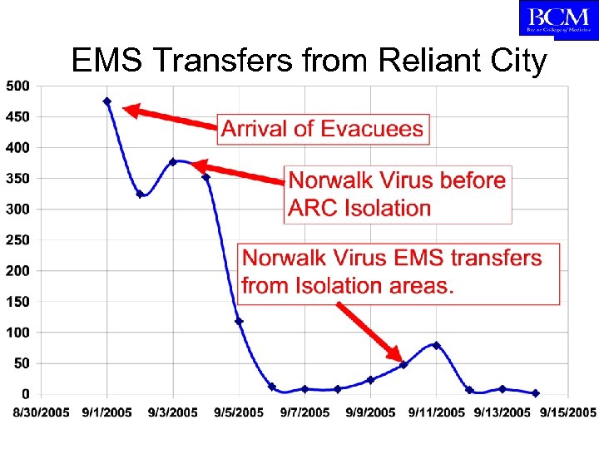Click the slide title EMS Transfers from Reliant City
click(x=309, y=61)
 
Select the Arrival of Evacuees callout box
click(x=323, y=129)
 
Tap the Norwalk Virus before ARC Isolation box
click(x=397, y=194)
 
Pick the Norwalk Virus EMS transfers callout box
click(x=399, y=272)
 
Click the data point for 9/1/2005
click(x=107, y=101)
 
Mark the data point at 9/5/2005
click(x=239, y=321)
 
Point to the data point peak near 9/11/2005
click(x=436, y=345)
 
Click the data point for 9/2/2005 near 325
click(x=140, y=195)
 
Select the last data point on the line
click(x=535, y=393)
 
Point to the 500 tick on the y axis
click(x=17, y=86)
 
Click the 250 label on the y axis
click(x=17, y=239)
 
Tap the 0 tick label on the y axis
click(x=26, y=393)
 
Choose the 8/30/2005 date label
click(x=40, y=412)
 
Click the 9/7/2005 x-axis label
click(x=305, y=412)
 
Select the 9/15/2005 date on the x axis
click(x=568, y=412)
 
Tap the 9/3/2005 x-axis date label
click(x=173, y=412)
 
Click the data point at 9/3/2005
click(x=173, y=162)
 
